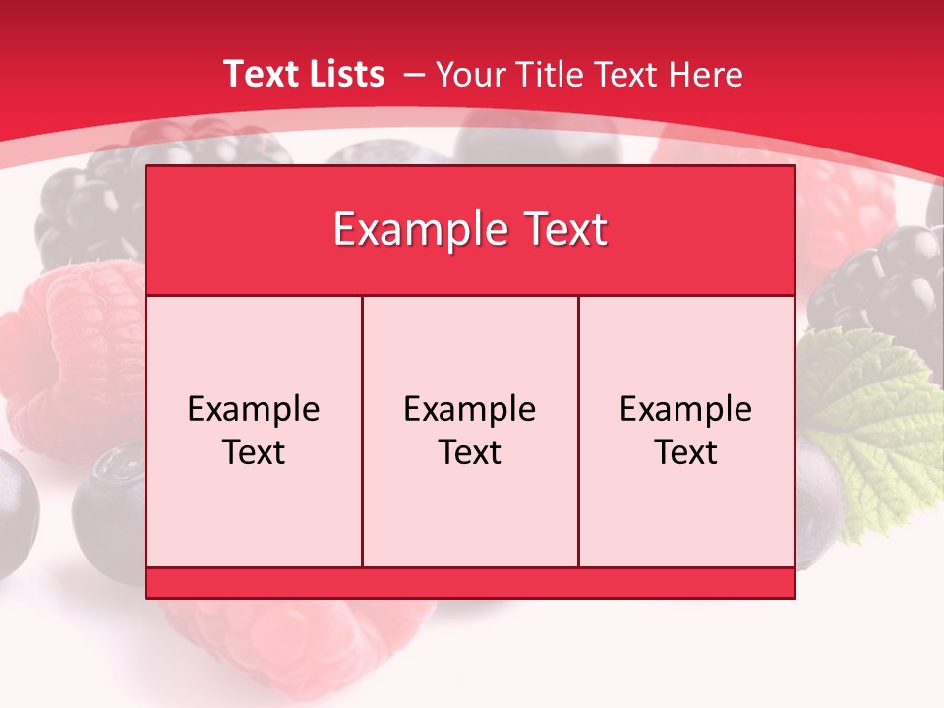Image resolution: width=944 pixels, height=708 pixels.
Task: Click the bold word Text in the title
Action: click(259, 74)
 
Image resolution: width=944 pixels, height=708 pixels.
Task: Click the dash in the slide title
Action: click(414, 75)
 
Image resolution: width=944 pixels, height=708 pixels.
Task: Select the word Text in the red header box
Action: click(559, 230)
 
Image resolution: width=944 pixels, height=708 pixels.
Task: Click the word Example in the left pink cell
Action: click(254, 409)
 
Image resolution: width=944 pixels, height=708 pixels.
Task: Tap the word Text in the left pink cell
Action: click(254, 452)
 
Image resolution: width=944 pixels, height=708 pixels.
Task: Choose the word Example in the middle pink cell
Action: click(470, 409)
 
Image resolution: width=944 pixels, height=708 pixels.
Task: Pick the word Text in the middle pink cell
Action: click(470, 452)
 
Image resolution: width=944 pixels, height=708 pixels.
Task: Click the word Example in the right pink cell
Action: click(686, 409)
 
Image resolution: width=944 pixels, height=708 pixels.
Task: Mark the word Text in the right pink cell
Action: click(686, 452)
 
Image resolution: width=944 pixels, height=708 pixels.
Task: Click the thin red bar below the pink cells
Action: click(470, 583)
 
